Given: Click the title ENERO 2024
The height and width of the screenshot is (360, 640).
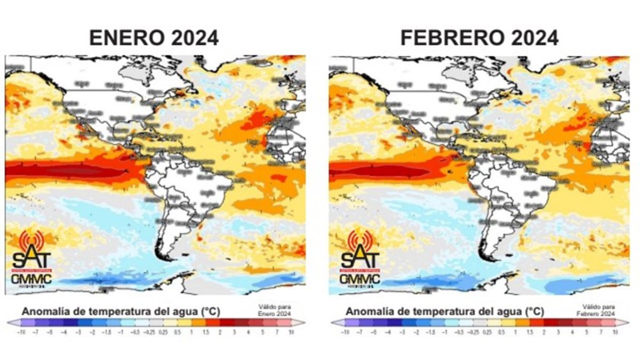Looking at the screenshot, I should point(154,38).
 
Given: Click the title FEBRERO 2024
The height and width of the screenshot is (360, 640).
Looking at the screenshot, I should point(479,38).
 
